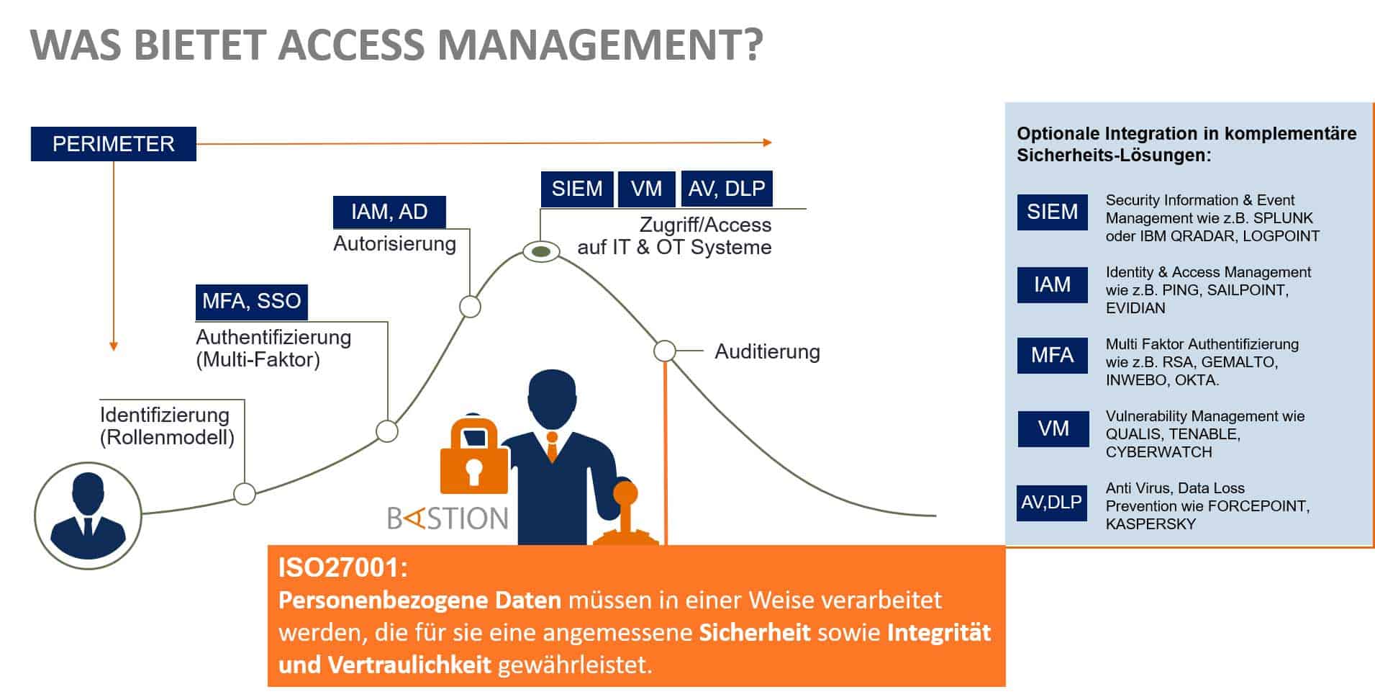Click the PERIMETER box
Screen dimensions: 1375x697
(114, 144)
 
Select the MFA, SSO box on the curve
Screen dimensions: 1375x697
(252, 302)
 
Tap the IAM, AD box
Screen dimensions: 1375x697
(389, 212)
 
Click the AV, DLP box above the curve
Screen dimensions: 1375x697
(727, 189)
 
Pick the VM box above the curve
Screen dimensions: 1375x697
(647, 189)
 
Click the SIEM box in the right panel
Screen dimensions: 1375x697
(1052, 212)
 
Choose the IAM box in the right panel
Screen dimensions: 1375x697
(1052, 284)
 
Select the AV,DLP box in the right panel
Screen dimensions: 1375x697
(1052, 502)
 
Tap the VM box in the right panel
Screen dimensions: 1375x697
(1053, 428)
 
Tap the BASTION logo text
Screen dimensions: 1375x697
(448, 518)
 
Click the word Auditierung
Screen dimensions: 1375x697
(767, 352)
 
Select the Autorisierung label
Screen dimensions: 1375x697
(394, 244)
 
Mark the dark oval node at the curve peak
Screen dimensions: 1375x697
(541, 251)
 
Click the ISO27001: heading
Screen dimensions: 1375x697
(343, 568)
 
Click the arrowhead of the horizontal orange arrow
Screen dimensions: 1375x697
(768, 143)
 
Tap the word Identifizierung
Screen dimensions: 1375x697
(165, 415)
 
